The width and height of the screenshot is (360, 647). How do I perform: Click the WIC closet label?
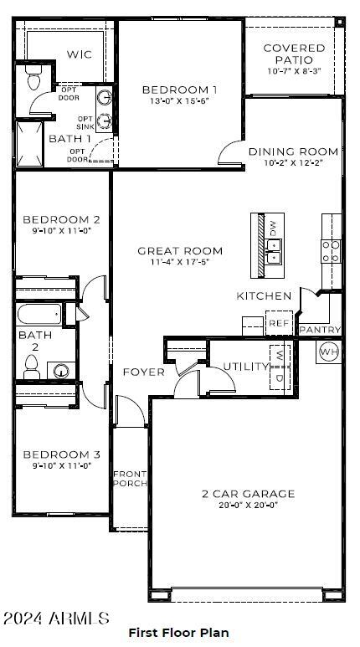click(x=80, y=54)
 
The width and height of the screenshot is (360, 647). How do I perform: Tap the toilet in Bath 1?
click(x=34, y=80)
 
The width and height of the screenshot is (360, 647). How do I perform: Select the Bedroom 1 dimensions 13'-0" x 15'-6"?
click(x=180, y=100)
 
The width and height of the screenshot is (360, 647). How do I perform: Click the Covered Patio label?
click(x=294, y=54)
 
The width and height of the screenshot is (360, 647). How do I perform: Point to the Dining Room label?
click(x=293, y=151)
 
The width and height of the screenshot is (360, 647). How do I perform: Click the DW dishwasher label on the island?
click(x=272, y=227)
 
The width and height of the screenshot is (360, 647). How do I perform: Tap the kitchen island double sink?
click(x=273, y=246)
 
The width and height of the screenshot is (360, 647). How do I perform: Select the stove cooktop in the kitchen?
click(x=332, y=246)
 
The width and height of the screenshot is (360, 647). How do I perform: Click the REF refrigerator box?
click(x=277, y=323)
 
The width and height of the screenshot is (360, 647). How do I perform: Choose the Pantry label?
click(x=319, y=330)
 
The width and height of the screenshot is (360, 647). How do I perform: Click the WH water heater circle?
click(x=328, y=351)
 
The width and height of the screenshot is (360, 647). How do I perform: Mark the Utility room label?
click(x=245, y=367)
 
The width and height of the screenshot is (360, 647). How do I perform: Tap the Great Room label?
click(x=180, y=250)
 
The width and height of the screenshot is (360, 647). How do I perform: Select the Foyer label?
click(x=143, y=372)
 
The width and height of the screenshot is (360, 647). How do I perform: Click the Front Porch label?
click(x=130, y=479)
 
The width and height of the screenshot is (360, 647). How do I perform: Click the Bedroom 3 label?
click(x=55, y=454)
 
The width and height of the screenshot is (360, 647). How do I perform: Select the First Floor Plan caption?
click(x=178, y=633)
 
